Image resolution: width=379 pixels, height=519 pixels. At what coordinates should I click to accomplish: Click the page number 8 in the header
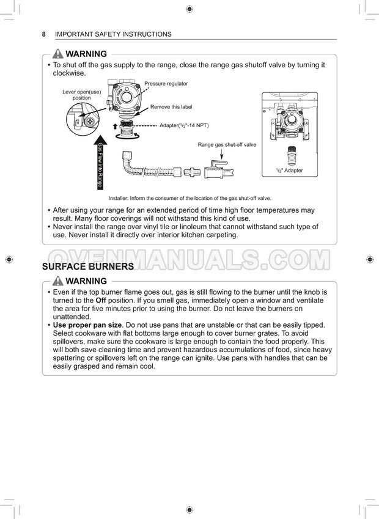[44, 34]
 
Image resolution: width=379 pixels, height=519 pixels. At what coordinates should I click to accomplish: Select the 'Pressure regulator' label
[166, 84]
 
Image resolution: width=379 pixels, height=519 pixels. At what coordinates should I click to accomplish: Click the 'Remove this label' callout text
[171, 107]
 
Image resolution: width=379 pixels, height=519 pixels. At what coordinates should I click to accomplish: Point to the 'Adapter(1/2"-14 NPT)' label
[184, 125]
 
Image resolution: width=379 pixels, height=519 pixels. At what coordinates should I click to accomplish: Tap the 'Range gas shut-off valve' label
[227, 145]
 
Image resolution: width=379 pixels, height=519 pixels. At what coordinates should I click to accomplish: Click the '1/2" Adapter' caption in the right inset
[289, 171]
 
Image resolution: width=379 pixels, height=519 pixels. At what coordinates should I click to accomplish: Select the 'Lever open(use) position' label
[81, 95]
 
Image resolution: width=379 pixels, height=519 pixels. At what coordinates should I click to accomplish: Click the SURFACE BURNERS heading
[87, 267]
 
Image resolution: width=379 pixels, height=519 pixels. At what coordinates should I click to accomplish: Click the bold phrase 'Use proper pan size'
[87, 325]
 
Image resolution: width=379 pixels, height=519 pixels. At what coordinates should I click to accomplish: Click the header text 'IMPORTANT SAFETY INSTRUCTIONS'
[113, 34]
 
